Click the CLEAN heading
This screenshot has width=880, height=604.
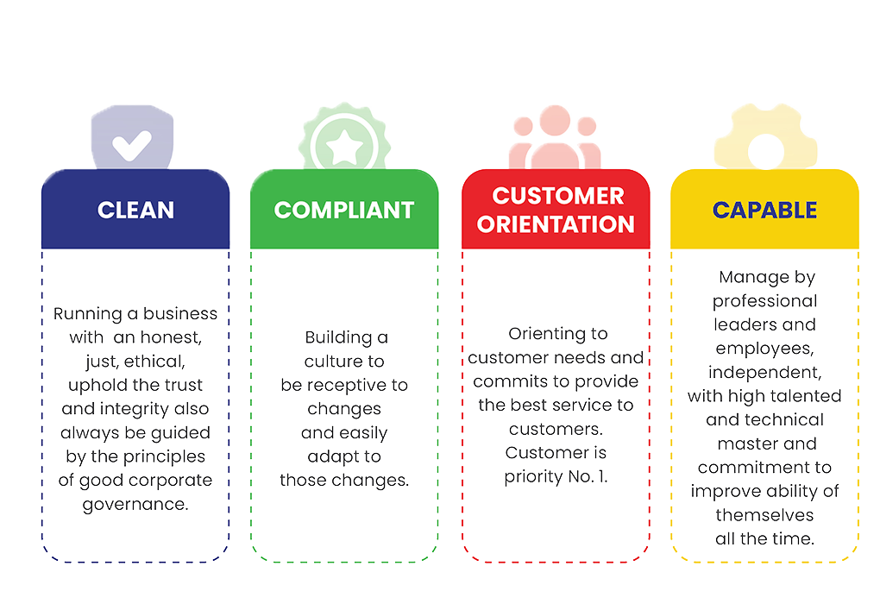[135, 210]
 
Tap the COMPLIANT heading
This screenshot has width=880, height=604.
[344, 210]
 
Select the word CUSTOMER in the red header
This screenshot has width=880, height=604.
[558, 196]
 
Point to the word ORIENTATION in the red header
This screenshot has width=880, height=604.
[556, 224]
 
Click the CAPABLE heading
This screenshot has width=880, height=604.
[764, 210]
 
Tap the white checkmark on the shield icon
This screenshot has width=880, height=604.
[131, 145]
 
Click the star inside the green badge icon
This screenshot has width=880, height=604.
[344, 148]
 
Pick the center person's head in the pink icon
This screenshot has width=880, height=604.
[555, 120]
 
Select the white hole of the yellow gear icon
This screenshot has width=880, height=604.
[766, 152]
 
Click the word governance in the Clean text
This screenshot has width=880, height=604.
[135, 505]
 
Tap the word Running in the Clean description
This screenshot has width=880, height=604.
[87, 314]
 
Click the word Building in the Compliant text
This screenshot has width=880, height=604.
[338, 338]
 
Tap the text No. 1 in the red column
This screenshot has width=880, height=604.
[588, 476]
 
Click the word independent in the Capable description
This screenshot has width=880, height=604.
[764, 373]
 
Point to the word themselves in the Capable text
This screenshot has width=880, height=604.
[764, 515]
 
